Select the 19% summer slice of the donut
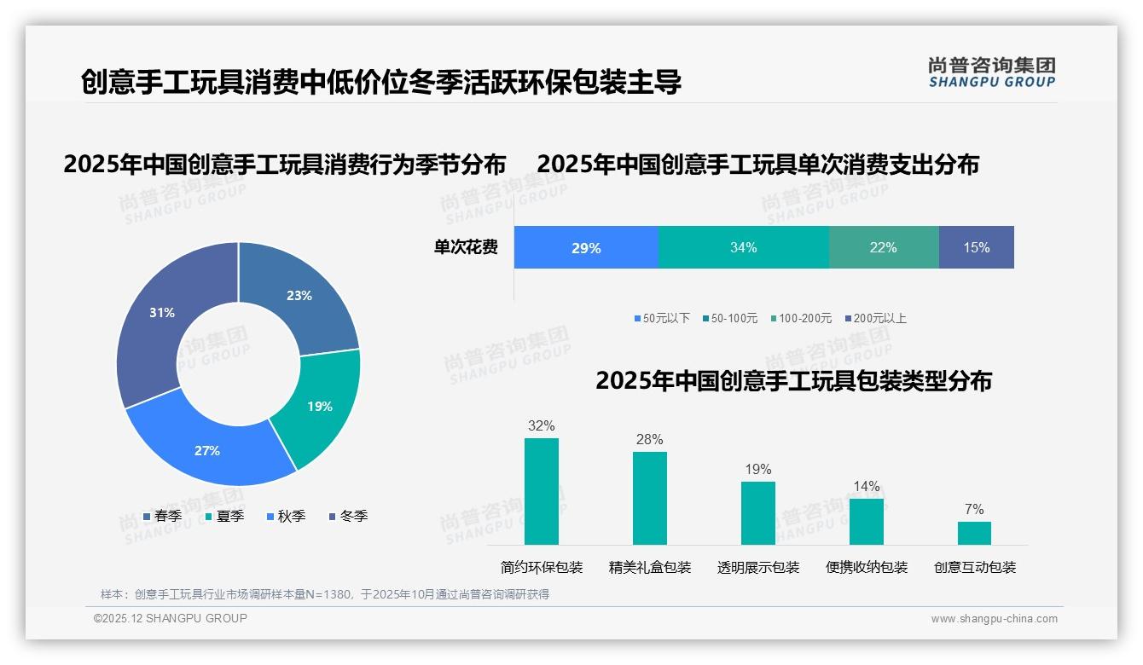(320, 407)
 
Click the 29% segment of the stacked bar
(586, 248)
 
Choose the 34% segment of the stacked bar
(743, 248)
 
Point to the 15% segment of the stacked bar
(976, 248)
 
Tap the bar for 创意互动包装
(974, 533)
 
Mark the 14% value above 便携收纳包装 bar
(866, 487)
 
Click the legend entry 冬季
(348, 517)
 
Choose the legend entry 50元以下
(662, 319)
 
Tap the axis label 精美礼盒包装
(650, 568)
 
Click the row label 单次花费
(466, 248)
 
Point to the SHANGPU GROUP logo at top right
(991, 72)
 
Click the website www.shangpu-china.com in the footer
(994, 619)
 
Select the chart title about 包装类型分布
(793, 381)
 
